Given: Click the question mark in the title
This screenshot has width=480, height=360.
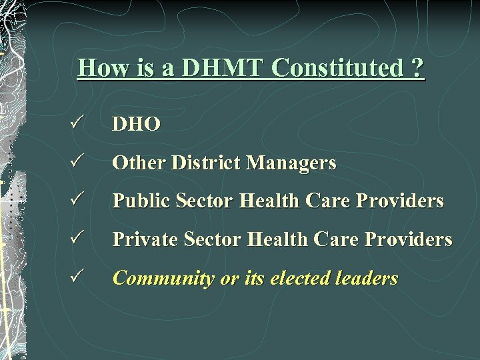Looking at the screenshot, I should coord(417,68).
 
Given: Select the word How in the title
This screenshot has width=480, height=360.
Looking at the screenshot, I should coord(100,68).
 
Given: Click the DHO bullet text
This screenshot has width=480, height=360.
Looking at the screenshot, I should coord(136,125).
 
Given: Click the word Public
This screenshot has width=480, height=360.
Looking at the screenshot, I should coord(138,201).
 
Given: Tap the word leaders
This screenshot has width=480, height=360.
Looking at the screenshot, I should coord(369,279).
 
